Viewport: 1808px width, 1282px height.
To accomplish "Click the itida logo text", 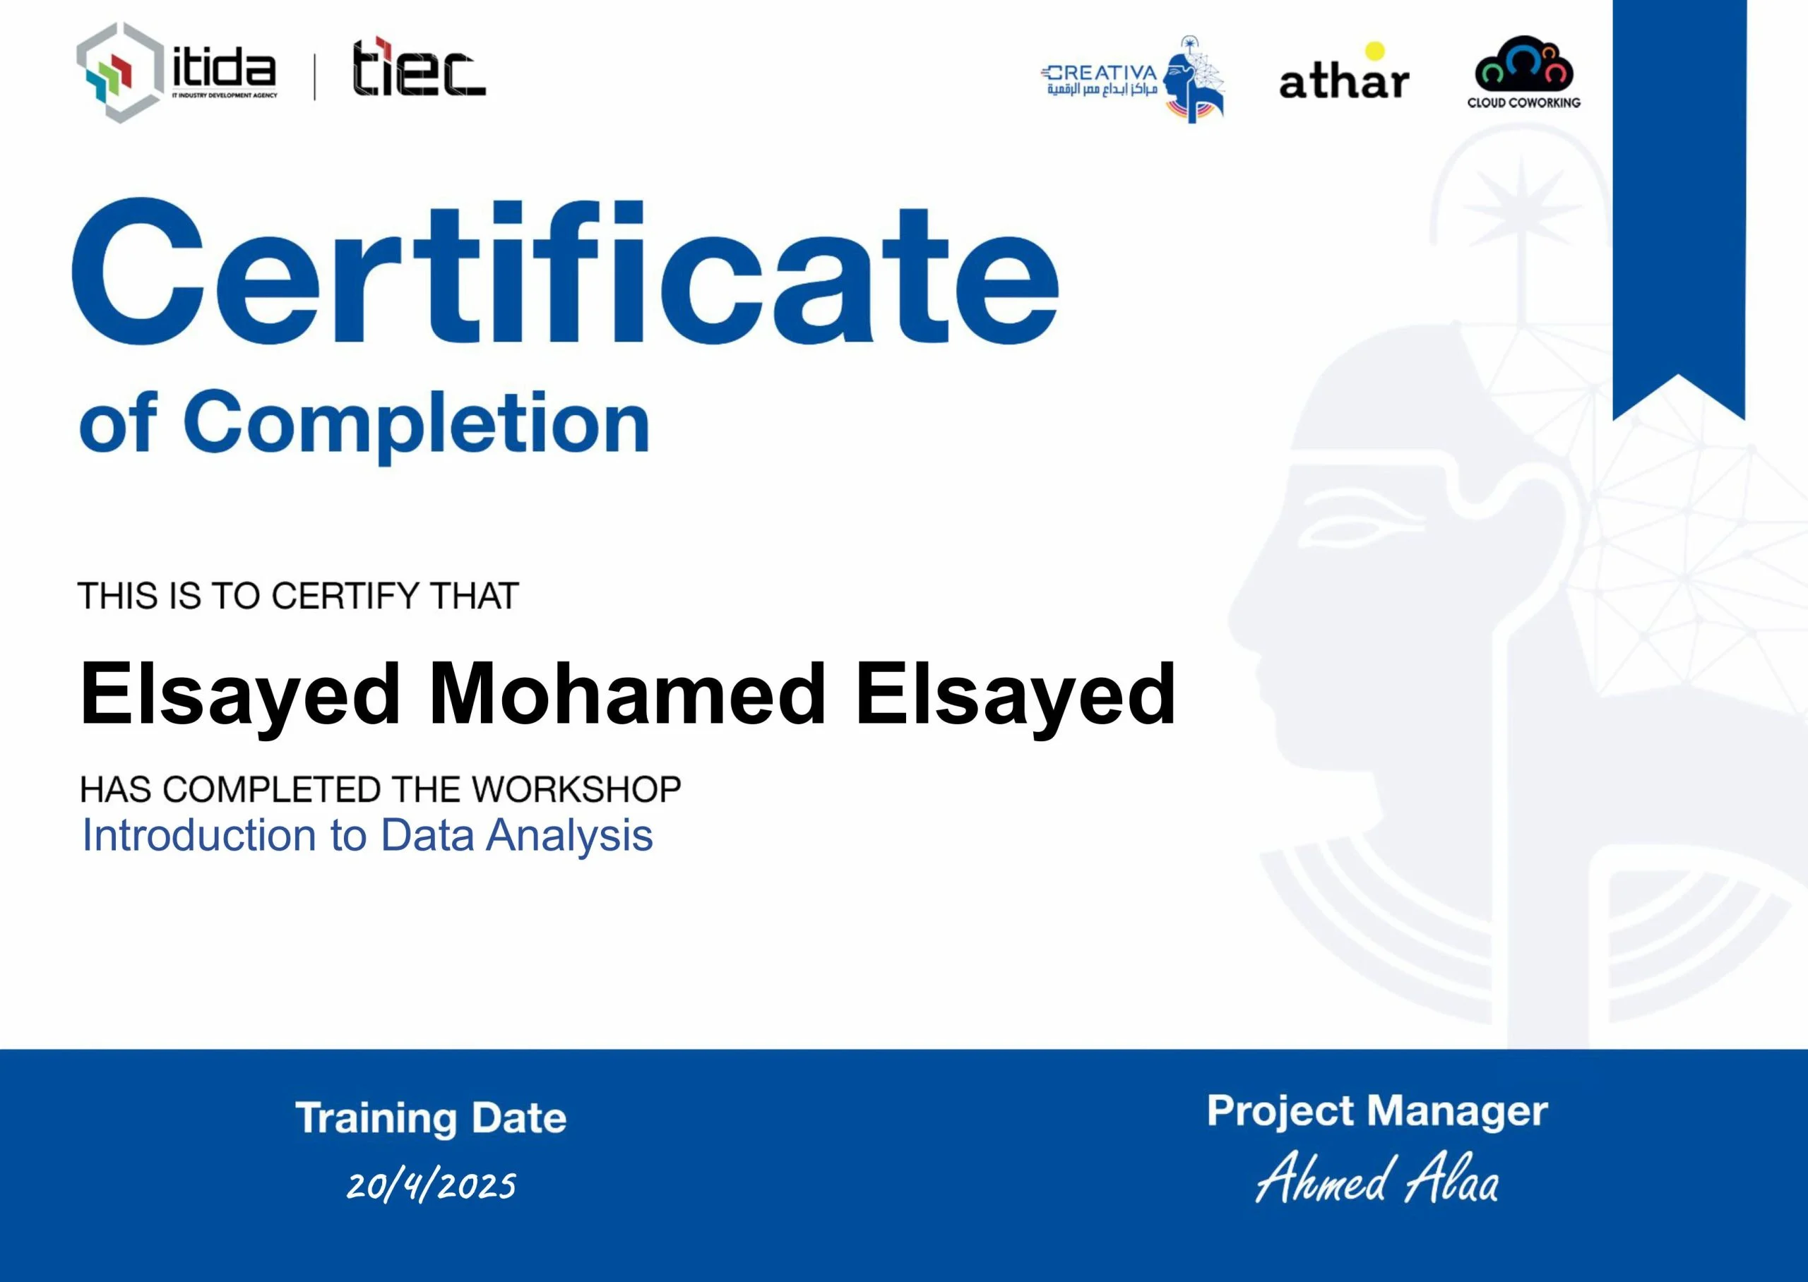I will (x=224, y=69).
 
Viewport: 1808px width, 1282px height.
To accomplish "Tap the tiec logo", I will (x=418, y=68).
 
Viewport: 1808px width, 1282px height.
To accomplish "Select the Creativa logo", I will (x=1132, y=79).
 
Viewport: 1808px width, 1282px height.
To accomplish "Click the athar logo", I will (x=1344, y=80).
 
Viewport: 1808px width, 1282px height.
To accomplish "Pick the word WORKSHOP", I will (x=576, y=789).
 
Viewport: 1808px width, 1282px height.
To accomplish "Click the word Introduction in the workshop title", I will (x=199, y=835).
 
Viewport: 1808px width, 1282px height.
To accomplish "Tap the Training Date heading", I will (x=431, y=1118).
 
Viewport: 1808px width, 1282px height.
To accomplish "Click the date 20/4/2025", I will (x=431, y=1186).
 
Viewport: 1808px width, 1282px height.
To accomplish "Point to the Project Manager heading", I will (x=1377, y=1111).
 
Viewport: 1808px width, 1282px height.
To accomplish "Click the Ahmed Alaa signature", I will (x=1377, y=1180).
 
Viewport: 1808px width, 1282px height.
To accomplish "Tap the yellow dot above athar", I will (x=1374, y=51).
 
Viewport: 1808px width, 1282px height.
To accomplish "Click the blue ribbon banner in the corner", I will (x=1679, y=198).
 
